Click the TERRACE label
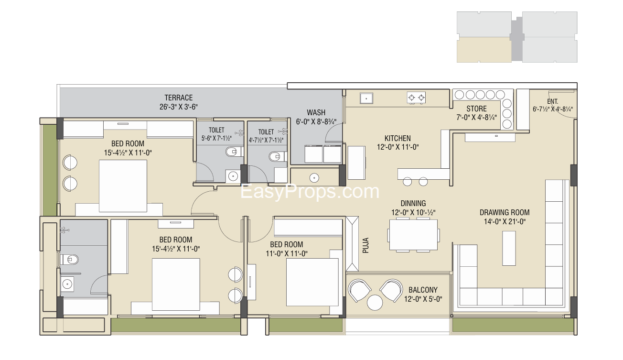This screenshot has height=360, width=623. pyautogui.click(x=179, y=98)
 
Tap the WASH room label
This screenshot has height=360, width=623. pyautogui.click(x=316, y=112)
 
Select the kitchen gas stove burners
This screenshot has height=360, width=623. pyautogui.click(x=416, y=98)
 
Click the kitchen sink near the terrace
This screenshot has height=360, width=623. pyautogui.click(x=366, y=98)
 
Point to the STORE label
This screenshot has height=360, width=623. pyautogui.click(x=476, y=109)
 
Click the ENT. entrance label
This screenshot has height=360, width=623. pyautogui.click(x=552, y=101)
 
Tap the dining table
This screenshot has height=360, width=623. pyautogui.click(x=413, y=235)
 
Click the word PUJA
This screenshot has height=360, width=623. pyautogui.click(x=366, y=245)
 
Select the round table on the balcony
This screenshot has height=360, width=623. pyautogui.click(x=375, y=303)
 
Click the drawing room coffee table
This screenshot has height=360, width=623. pyautogui.click(x=509, y=248)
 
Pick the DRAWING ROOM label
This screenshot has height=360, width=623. pyautogui.click(x=505, y=212)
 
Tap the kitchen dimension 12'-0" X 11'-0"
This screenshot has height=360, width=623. pyautogui.click(x=397, y=147)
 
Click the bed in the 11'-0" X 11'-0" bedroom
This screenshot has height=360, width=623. pyautogui.click(x=312, y=282)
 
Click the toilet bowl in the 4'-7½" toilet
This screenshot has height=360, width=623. pyautogui.click(x=277, y=156)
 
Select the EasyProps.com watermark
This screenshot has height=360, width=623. pyautogui.click(x=310, y=191)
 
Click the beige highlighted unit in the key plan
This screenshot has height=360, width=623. pyautogui.click(x=484, y=50)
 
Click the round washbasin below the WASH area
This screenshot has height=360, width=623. pyautogui.click(x=314, y=178)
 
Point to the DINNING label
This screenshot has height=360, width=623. pyautogui.click(x=413, y=203)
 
